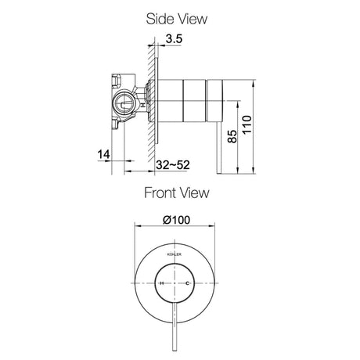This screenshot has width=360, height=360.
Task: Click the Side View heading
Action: tap(177, 19)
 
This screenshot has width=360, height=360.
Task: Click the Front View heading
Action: tap(177, 193)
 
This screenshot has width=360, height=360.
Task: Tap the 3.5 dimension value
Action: tap(174, 39)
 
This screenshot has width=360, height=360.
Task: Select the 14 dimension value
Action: tap(104, 154)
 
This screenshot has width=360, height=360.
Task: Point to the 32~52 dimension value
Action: tap(173, 165)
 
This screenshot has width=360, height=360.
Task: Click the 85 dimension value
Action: tap(232, 136)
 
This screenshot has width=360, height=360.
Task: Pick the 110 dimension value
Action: tap(247, 124)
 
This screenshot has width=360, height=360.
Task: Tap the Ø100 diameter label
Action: tap(176, 220)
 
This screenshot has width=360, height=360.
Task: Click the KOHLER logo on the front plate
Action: tap(174, 254)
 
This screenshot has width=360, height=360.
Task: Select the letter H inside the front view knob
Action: tap(162, 283)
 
